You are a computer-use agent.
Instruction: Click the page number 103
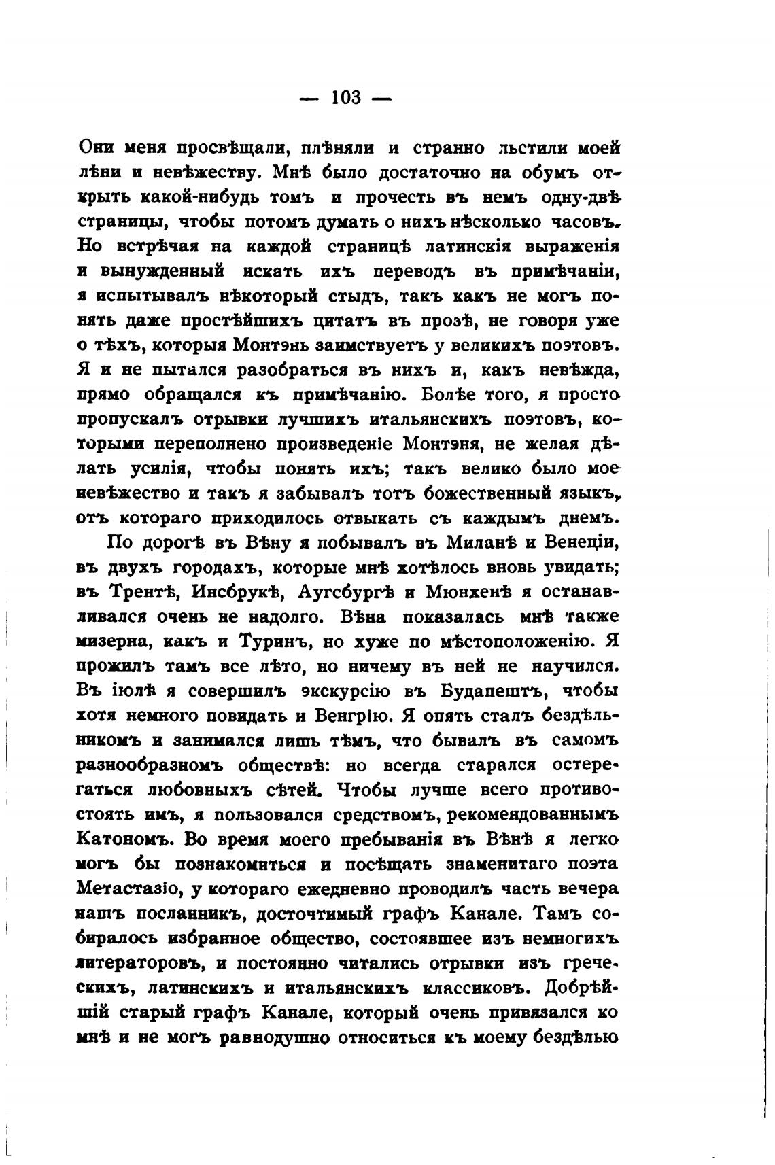(x=346, y=97)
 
